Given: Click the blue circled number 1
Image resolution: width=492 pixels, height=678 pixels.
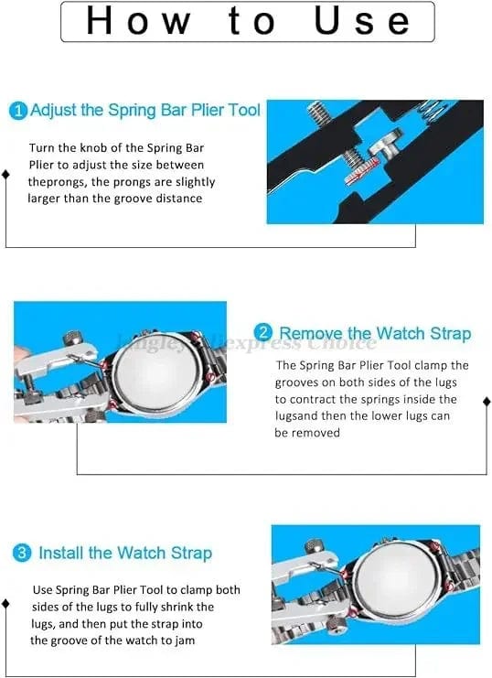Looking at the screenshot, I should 18,111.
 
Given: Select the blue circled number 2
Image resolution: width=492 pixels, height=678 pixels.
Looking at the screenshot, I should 263,333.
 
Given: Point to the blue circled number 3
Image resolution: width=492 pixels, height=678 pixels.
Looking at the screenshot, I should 22,554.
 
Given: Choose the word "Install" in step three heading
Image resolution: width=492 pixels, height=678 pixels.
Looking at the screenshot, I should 62,554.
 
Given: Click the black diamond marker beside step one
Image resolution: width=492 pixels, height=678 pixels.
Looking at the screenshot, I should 7,173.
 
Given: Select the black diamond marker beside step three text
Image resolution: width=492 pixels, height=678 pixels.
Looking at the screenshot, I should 7,603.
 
